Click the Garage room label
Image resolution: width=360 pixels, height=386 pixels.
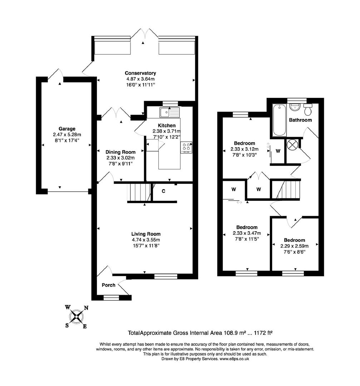[x=67, y=129]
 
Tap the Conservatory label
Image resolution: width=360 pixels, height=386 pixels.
[x=140, y=73]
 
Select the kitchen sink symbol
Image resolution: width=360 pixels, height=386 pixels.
[x=170, y=113]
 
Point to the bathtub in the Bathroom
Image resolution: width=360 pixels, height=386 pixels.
[x=279, y=120]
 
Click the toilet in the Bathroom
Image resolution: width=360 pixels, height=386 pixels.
[x=308, y=110]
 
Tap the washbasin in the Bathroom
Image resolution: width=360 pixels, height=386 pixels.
[x=294, y=108]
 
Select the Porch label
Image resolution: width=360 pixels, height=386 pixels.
[x=109, y=285]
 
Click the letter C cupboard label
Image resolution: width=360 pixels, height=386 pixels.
[x=163, y=191]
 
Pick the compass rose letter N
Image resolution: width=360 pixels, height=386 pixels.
[x=86, y=308]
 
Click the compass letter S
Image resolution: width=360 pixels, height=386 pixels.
[x=67, y=325]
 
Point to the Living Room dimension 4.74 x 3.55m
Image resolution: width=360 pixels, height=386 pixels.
[x=146, y=240]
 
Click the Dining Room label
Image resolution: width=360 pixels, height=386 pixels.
[x=120, y=152]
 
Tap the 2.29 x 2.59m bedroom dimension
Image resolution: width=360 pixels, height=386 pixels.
[x=295, y=246]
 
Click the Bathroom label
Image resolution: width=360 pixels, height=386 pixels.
[x=300, y=120]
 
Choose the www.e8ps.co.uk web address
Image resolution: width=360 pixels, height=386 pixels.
[x=234, y=359]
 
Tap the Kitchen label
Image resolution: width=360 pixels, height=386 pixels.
[x=167, y=125]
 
